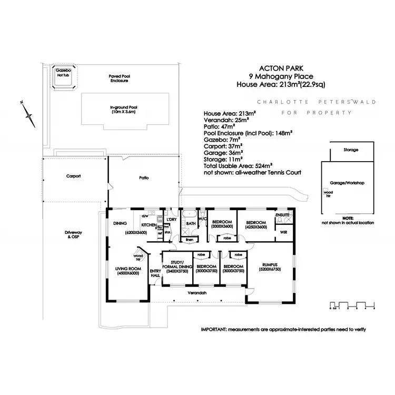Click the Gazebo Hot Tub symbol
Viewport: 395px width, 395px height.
tap(65, 77)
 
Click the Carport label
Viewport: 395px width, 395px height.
tap(73, 176)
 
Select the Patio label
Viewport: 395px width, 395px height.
tap(143, 178)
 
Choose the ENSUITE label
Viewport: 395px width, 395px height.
tap(284, 215)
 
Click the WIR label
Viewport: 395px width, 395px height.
tap(283, 231)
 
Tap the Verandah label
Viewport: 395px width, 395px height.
tap(195, 292)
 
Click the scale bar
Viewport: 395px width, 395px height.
tap(352, 304)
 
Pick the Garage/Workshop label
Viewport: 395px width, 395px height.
tap(347, 183)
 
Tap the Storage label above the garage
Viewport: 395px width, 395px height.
tap(351, 150)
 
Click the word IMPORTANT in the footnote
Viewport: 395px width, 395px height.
tap(213, 329)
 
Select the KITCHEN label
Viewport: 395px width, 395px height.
tap(149, 225)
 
